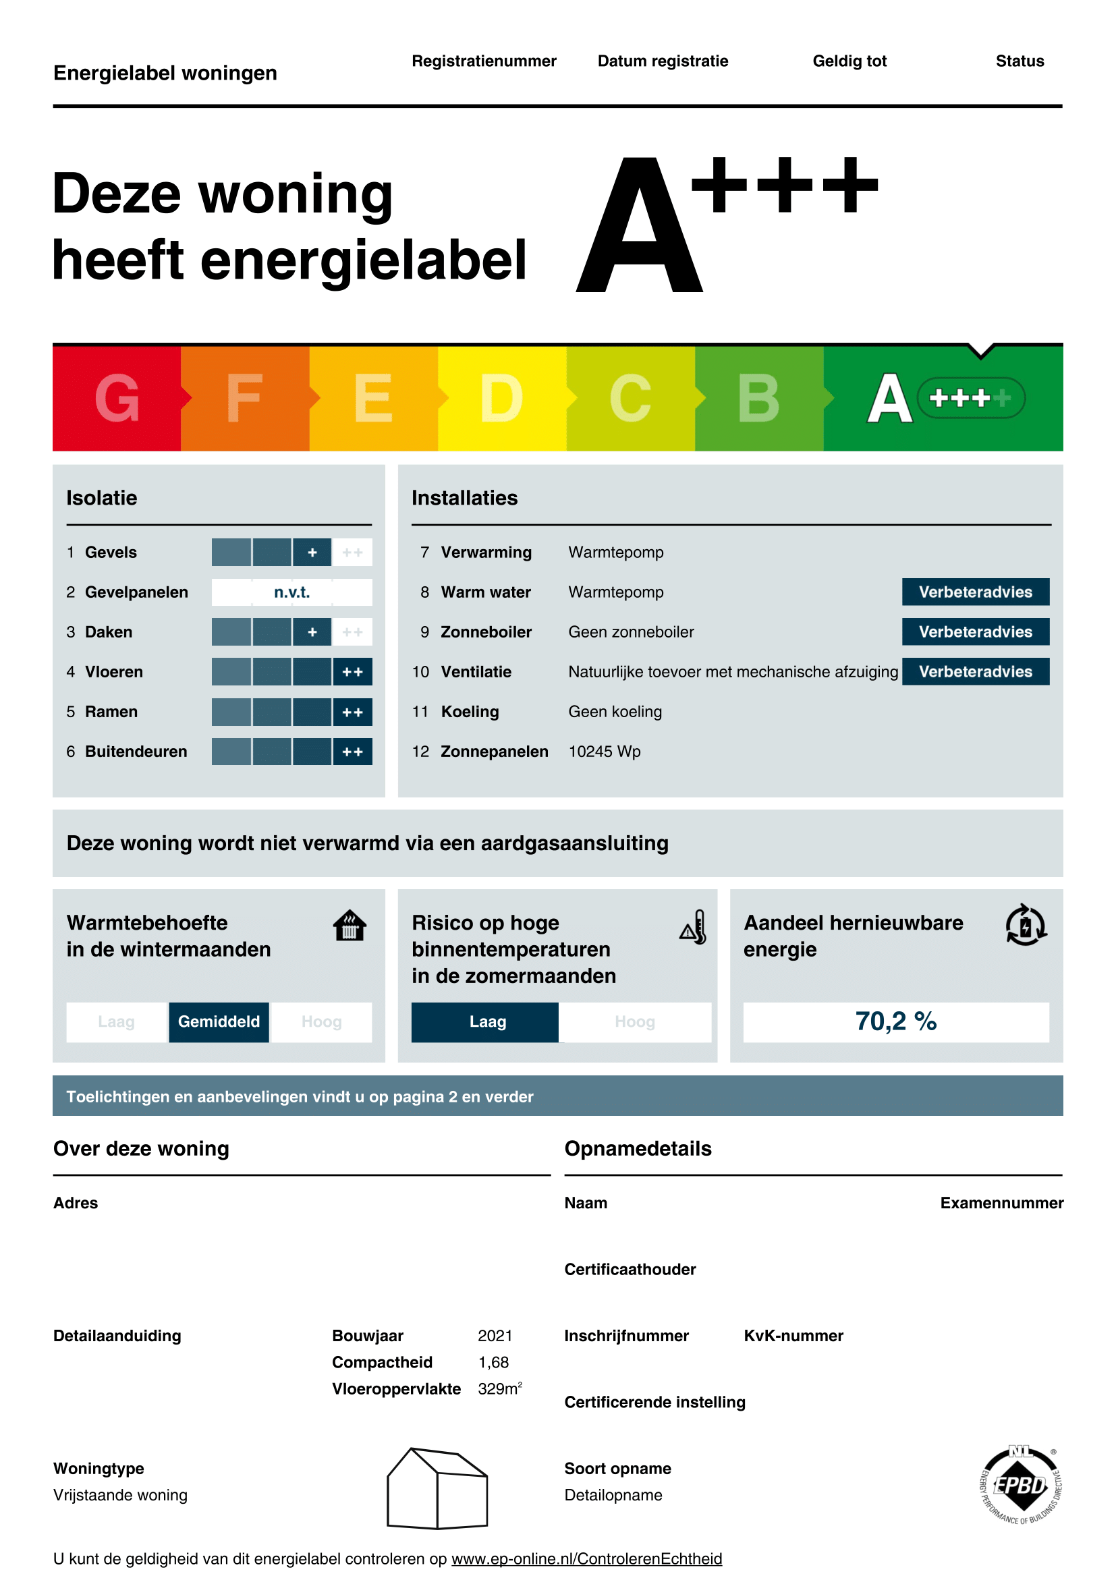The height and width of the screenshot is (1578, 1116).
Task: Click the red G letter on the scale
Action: coord(117,398)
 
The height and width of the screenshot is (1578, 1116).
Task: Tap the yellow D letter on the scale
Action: coord(501,398)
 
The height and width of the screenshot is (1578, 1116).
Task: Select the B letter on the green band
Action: coord(758,398)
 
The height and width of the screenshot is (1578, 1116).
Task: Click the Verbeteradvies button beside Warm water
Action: coord(975,592)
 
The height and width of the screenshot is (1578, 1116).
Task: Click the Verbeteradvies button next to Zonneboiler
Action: coord(975,631)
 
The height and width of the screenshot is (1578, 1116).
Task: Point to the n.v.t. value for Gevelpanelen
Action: coord(291,592)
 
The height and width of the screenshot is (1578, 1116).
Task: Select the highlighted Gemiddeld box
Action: coord(219,1021)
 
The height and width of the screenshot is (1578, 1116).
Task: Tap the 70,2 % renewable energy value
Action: coord(895,1021)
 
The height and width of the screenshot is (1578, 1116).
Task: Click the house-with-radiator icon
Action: coord(349,925)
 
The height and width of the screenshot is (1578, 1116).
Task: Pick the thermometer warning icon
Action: coord(694,926)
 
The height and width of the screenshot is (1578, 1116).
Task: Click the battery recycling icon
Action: coord(1026,925)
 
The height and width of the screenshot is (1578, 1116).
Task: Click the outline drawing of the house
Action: coord(437,1489)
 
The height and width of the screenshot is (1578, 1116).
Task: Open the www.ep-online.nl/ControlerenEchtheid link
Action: coord(586,1558)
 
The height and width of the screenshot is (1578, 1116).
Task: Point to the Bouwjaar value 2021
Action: coord(495,1335)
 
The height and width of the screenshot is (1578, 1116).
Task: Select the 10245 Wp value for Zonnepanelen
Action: coord(604,751)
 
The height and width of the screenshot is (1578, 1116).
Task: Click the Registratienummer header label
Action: coord(484,61)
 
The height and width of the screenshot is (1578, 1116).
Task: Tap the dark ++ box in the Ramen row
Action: coord(352,712)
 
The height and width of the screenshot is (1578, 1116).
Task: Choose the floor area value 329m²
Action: coord(499,1388)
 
